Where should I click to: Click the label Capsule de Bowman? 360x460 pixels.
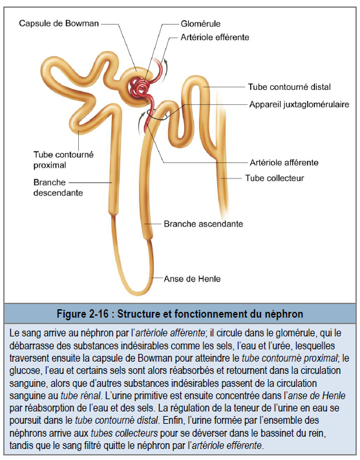pyautogui.click(x=59, y=23)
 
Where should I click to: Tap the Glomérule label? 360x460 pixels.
pyautogui.click(x=200, y=23)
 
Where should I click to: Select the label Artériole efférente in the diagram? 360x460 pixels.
pyautogui.click(x=215, y=38)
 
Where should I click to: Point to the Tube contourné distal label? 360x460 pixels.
pyautogui.click(x=290, y=87)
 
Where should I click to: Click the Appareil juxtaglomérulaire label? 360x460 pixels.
pyautogui.click(x=299, y=104)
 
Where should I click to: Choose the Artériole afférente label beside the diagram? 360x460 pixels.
pyautogui.click(x=284, y=162)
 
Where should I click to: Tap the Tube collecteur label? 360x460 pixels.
pyautogui.click(x=275, y=178)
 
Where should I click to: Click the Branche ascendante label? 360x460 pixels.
pyautogui.click(x=204, y=224)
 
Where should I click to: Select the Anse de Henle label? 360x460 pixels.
pyautogui.click(x=192, y=279)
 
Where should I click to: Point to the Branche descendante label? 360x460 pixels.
pyautogui.click(x=58, y=188)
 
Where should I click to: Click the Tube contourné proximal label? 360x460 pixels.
pyautogui.click(x=63, y=160)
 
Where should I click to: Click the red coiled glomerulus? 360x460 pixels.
pyautogui.click(x=139, y=87)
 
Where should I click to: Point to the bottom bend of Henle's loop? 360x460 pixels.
pyautogui.click(x=136, y=291)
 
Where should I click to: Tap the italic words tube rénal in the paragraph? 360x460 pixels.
pyautogui.click(x=81, y=396)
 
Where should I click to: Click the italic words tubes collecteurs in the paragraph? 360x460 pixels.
pyautogui.click(x=124, y=433)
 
